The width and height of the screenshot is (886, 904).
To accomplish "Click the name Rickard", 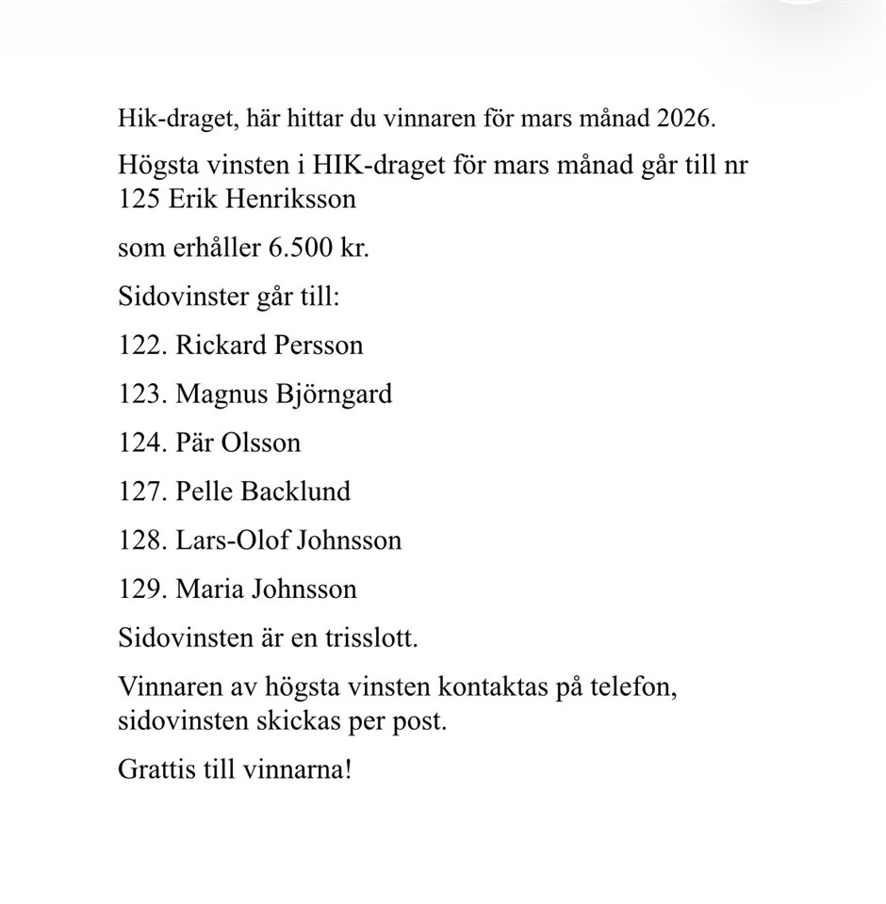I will pyautogui.click(x=221, y=345).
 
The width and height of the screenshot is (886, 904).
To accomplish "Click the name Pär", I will pyautogui.click(x=193, y=443).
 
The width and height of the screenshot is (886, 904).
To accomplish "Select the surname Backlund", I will pyautogui.click(x=296, y=492).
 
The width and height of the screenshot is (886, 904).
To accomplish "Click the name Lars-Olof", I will pyautogui.click(x=232, y=541).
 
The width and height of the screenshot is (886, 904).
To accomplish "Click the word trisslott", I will pyautogui.click(x=369, y=638).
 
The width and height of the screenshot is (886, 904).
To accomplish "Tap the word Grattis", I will pyautogui.click(x=152, y=768).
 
